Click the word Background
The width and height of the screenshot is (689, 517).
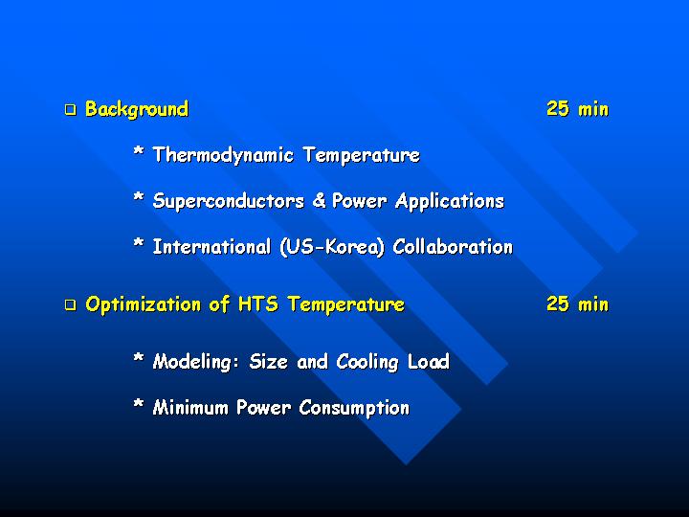pos(137,109)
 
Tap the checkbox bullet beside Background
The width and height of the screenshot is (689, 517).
pos(70,109)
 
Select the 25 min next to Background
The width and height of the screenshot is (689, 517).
pos(577,108)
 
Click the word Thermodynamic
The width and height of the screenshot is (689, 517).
pos(223,155)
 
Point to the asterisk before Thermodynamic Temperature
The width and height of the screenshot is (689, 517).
pos(139,152)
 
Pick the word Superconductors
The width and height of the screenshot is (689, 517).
pos(229,201)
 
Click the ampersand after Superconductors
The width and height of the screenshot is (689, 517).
pos(319,200)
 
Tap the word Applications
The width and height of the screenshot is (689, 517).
pos(450,201)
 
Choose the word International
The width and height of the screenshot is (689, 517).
pos(211,247)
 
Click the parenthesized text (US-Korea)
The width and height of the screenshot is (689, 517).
pos(332,247)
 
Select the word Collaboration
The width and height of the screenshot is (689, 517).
pos(453,247)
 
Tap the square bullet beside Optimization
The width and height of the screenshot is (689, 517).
pos(70,304)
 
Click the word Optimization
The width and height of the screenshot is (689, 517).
pos(144,304)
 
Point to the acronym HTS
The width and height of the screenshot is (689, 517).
pos(258,303)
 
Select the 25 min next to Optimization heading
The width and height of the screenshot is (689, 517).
pos(577,303)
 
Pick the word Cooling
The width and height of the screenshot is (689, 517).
pos(367,362)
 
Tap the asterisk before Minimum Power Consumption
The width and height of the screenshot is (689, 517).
pos(139,403)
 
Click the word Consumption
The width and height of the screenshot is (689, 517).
pos(354,408)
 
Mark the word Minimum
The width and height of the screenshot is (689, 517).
pos(190,408)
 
